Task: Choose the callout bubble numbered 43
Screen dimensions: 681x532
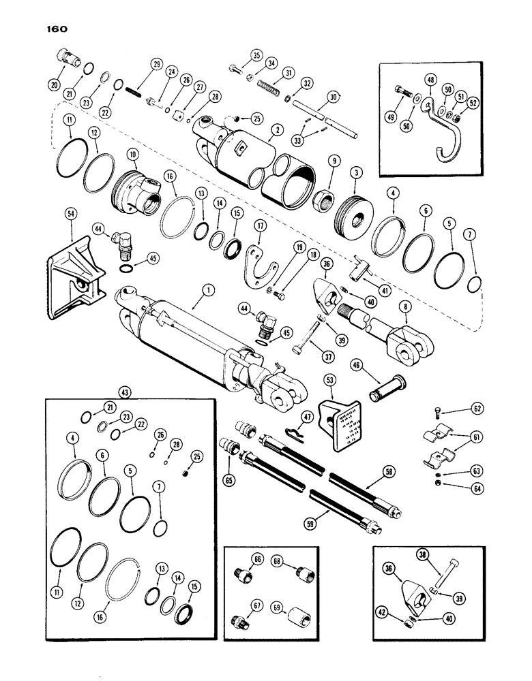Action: (125, 394)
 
